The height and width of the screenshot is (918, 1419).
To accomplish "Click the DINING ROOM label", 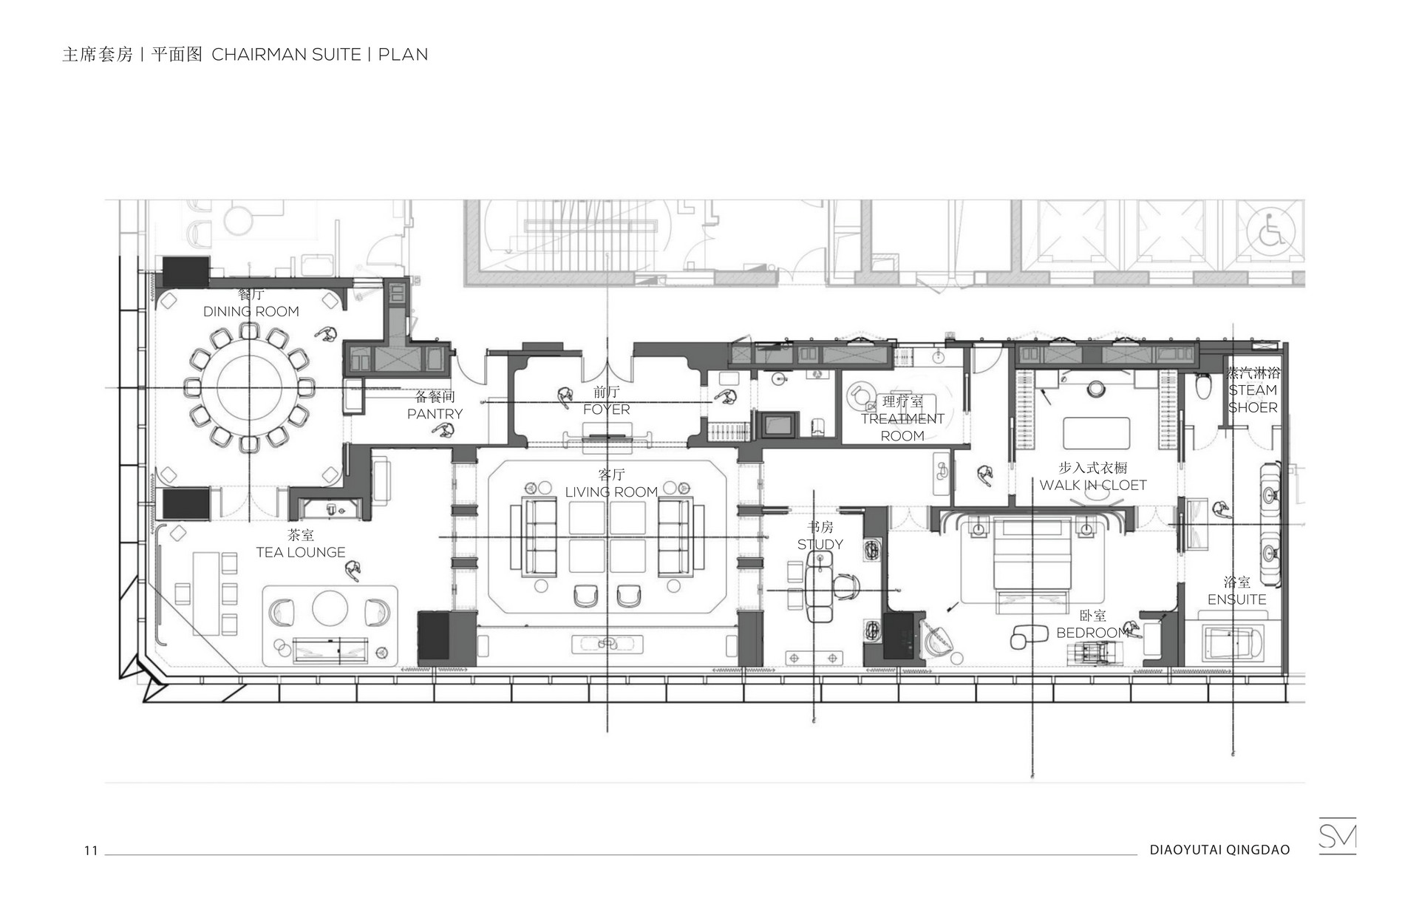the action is click(x=251, y=311).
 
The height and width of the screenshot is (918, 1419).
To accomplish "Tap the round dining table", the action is click(x=251, y=388).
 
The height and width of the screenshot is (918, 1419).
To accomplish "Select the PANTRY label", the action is click(x=435, y=414).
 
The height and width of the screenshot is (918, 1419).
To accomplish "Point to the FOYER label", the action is click(x=607, y=409).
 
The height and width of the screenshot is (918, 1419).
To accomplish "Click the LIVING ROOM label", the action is click(x=611, y=492).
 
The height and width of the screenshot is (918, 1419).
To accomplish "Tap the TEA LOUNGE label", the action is click(x=301, y=552).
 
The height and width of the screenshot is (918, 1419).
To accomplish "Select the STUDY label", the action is click(x=820, y=545).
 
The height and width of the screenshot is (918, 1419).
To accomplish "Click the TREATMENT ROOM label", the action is click(x=902, y=427).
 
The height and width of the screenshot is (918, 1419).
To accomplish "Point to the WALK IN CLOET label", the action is click(x=1093, y=485).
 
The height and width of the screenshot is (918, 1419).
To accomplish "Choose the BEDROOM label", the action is click(x=1093, y=633).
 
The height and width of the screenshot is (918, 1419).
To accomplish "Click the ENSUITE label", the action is click(x=1237, y=599).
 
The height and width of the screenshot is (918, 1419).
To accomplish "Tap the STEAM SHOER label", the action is click(x=1253, y=398).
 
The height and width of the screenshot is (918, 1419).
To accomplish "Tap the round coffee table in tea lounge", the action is click(x=330, y=608).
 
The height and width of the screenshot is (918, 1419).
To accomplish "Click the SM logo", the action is click(x=1338, y=836).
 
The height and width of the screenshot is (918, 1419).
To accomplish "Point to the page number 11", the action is click(x=91, y=851).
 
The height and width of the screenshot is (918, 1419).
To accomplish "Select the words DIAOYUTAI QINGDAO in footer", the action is click(x=1219, y=850).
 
